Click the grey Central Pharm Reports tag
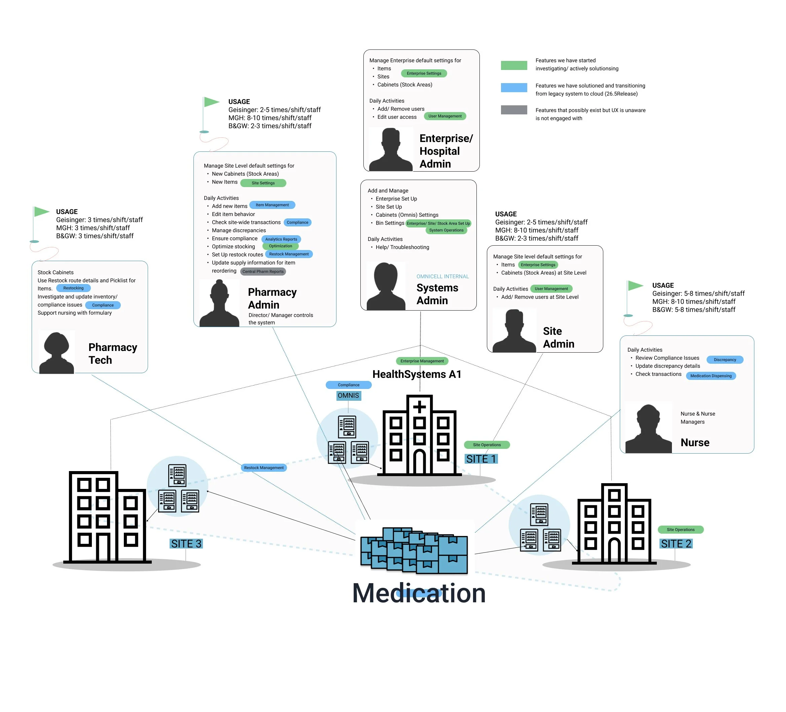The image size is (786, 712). pyautogui.click(x=263, y=272)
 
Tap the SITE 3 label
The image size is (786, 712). pyautogui.click(x=186, y=543)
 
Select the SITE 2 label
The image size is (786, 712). pyautogui.click(x=676, y=543)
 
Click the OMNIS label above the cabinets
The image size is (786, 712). pyautogui.click(x=348, y=395)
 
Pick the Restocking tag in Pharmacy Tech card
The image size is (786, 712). pyautogui.click(x=73, y=288)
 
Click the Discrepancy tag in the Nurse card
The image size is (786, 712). pyautogui.click(x=724, y=359)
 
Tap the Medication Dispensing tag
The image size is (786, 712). pyautogui.click(x=710, y=376)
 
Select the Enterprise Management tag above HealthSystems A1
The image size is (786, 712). pyautogui.click(x=422, y=361)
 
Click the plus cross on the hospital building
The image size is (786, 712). pyautogui.click(x=419, y=407)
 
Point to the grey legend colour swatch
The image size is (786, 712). pyautogui.click(x=513, y=110)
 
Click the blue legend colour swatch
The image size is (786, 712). pyautogui.click(x=513, y=87)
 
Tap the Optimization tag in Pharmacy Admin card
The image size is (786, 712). pyautogui.click(x=280, y=246)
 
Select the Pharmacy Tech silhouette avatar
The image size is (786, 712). pyautogui.click(x=57, y=353)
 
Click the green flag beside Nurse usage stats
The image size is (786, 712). pyautogui.click(x=635, y=286)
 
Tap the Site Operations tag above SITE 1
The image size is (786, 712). pyautogui.click(x=487, y=445)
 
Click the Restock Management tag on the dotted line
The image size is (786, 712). pyautogui.click(x=263, y=467)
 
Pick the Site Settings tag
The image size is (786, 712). pyautogui.click(x=263, y=183)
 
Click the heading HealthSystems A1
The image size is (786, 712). pyautogui.click(x=417, y=374)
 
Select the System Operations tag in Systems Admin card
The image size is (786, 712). pyautogui.click(x=446, y=230)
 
